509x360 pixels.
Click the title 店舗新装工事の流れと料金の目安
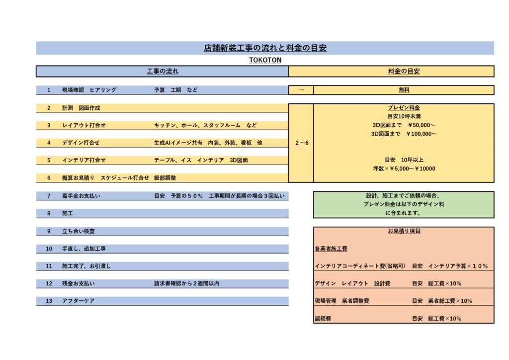265,48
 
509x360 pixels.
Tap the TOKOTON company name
265,60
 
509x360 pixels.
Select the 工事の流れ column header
163,71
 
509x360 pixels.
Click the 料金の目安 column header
404,71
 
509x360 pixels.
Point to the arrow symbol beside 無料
301,90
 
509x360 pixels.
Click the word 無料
404,90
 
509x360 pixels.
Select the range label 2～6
302,143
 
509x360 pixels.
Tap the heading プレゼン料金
404,107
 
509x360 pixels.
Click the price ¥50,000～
422,125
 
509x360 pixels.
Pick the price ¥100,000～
422,134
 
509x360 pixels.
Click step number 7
49,196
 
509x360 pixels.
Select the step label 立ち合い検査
79,231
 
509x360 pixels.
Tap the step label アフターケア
79,301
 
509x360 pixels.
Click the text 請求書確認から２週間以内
187,283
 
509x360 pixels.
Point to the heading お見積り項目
404,231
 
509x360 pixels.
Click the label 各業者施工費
331,249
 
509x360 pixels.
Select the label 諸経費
323,318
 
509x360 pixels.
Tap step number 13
49,301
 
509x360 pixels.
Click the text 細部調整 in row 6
165,178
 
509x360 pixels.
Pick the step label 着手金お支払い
81,196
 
